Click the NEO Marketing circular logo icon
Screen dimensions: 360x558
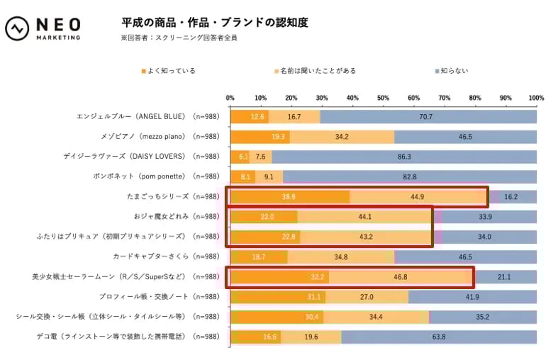coord(16,29)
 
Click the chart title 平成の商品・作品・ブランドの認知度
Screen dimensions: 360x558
coord(215,23)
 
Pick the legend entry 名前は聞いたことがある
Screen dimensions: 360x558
coord(315,71)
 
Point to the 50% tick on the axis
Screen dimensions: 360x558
coord(383,98)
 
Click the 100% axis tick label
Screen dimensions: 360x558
coord(536,98)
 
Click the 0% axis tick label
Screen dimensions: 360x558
coord(230,98)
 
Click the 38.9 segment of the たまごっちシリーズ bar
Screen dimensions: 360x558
coord(289,197)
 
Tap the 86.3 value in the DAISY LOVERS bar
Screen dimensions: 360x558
coord(404,157)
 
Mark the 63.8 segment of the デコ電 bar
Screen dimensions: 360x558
coord(438,337)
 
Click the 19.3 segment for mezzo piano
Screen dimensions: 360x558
coord(259,137)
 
